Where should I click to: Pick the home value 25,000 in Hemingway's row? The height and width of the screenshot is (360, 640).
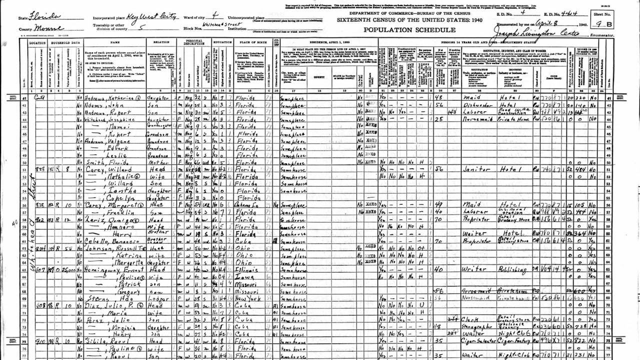pos(69,271)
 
